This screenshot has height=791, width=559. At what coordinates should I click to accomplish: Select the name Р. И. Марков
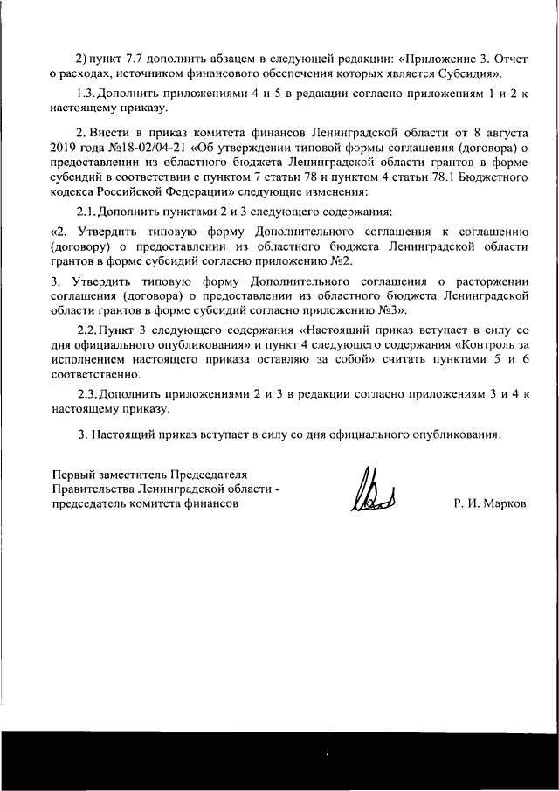tap(490, 504)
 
